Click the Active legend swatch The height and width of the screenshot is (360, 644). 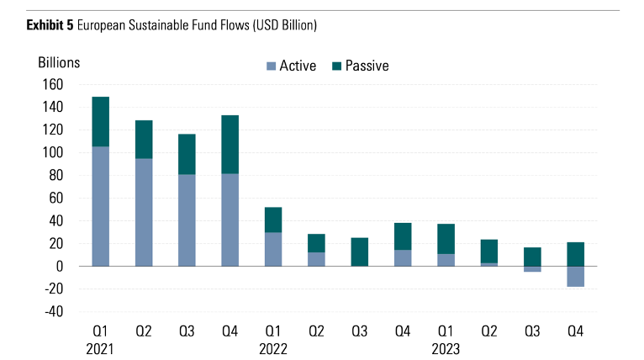click(x=271, y=66)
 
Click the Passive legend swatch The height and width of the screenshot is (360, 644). click(x=337, y=66)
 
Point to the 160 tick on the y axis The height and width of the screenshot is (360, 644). click(x=52, y=85)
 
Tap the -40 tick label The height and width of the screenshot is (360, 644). click(x=52, y=312)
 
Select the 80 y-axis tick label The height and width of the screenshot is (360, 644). click(x=55, y=176)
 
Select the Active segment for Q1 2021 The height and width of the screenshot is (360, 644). click(x=101, y=206)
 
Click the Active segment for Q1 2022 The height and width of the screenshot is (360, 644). click(x=273, y=249)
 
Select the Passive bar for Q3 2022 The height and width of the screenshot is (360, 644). click(x=360, y=251)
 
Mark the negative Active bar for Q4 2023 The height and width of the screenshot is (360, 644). click(x=575, y=276)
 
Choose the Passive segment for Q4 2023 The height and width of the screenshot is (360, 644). click(x=575, y=254)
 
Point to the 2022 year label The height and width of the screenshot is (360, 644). click(x=272, y=347)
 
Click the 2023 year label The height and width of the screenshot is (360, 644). click(x=446, y=347)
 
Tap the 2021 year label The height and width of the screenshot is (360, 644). click(x=101, y=347)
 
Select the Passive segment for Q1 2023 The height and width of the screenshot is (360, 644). click(x=446, y=239)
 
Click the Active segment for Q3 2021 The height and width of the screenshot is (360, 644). click(x=187, y=220)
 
